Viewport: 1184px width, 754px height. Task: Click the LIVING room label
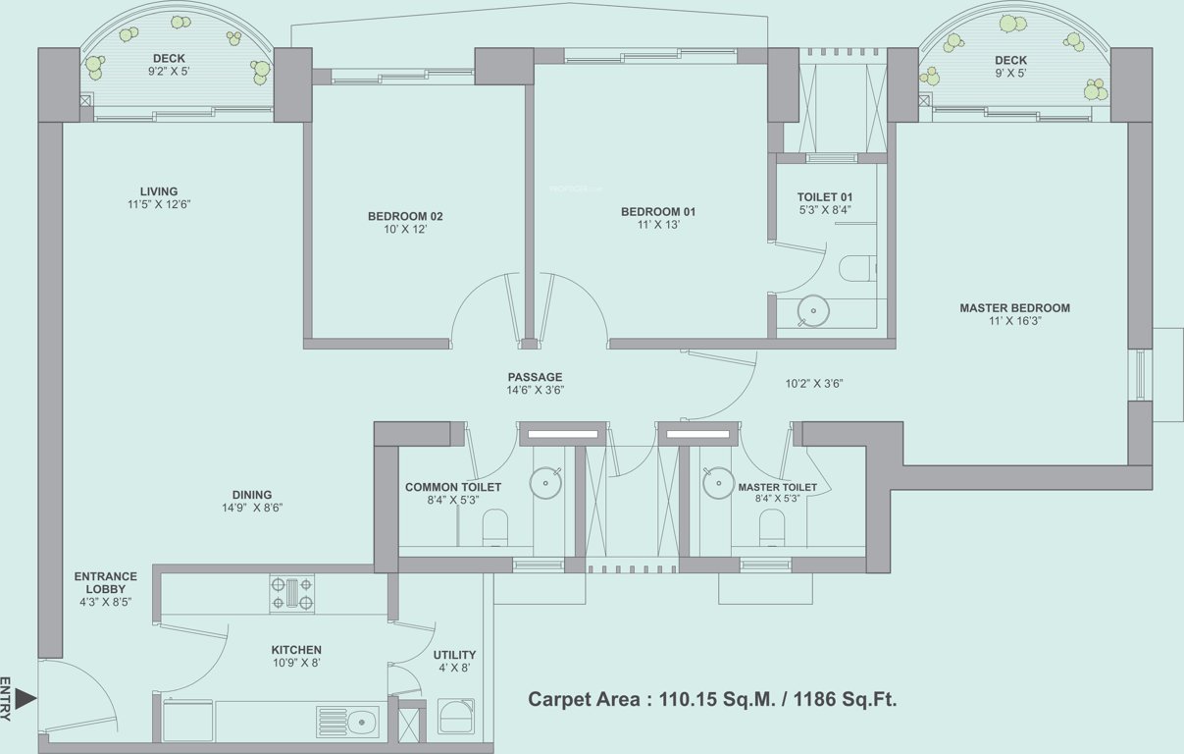pyautogui.click(x=158, y=191)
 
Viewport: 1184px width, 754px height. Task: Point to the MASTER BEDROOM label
pyautogui.click(x=1014, y=308)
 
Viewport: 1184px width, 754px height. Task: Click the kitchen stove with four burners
pyautogui.click(x=292, y=594)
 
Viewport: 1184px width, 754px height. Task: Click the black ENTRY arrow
pyautogui.click(x=26, y=699)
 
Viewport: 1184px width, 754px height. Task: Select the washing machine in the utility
pyautogui.click(x=456, y=717)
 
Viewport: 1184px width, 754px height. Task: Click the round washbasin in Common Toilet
pyautogui.click(x=544, y=482)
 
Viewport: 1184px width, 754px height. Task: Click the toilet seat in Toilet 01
pyautogui.click(x=857, y=268)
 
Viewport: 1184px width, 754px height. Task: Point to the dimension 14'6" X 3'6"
pyautogui.click(x=535, y=390)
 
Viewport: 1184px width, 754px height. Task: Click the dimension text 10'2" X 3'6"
pyautogui.click(x=815, y=384)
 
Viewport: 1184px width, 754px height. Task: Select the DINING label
pyautogui.click(x=252, y=495)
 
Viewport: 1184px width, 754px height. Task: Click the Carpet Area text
pyautogui.click(x=712, y=699)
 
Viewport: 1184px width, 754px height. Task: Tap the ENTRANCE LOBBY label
pyautogui.click(x=106, y=582)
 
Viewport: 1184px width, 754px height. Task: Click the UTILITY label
pyautogui.click(x=454, y=655)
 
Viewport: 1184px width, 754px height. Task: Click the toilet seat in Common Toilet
pyautogui.click(x=495, y=527)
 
